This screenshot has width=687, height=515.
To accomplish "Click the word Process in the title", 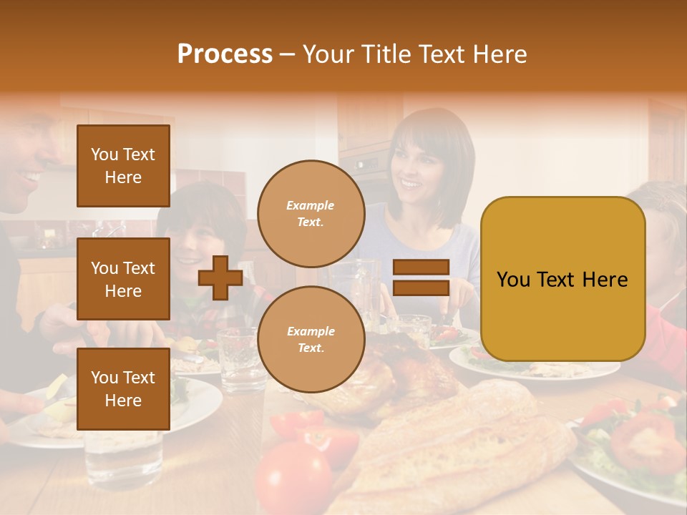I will (225, 54).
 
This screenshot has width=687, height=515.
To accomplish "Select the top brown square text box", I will (123, 166).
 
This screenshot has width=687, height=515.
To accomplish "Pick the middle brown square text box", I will (123, 279).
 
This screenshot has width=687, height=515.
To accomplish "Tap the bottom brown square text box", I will (123, 389).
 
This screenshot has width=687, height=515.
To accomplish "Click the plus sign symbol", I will (220, 278).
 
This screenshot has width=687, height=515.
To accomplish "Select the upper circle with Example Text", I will (311, 214).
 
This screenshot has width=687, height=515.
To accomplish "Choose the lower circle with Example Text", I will (311, 340).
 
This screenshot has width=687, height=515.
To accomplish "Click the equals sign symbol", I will (422, 278).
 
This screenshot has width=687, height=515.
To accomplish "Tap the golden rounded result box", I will (562, 279).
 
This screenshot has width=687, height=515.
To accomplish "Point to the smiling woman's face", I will (418, 175).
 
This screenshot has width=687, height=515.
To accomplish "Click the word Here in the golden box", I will (605, 280).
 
